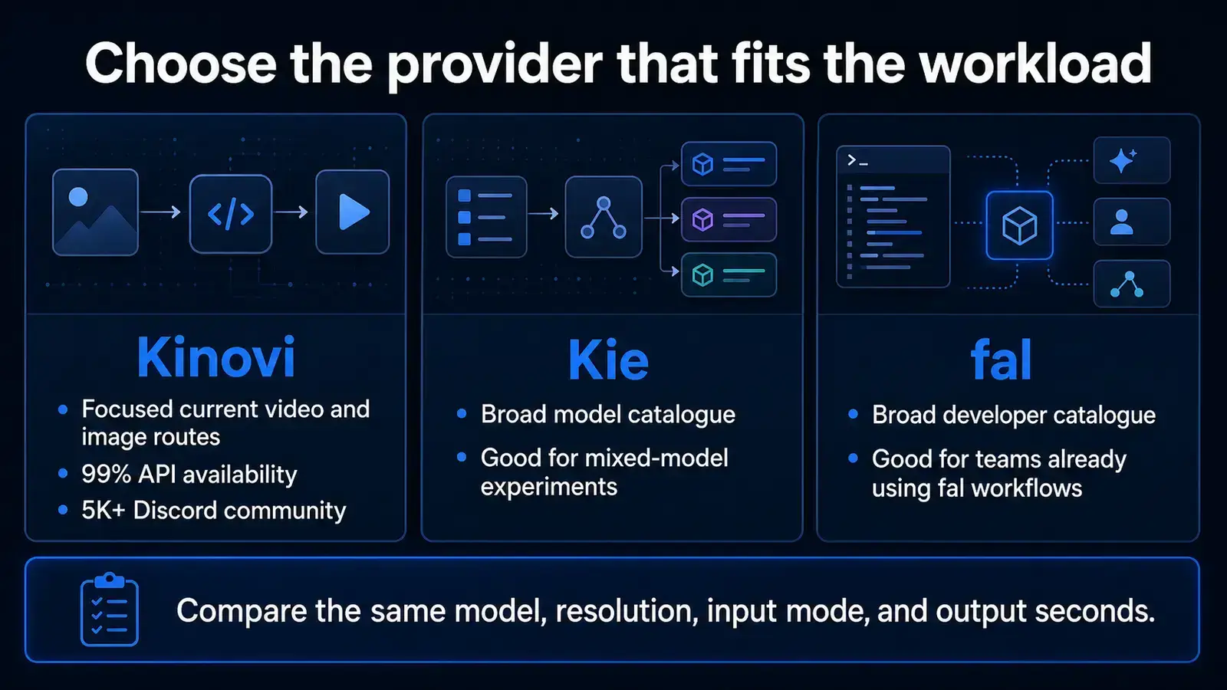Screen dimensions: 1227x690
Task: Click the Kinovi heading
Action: pos(215,357)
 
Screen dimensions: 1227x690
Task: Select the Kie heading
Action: pos(609,360)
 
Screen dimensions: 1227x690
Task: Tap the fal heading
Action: pos(1002,360)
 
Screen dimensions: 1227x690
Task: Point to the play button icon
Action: pos(353,212)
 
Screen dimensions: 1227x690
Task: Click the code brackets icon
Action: pos(231,214)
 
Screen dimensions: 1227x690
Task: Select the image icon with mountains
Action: pos(95,212)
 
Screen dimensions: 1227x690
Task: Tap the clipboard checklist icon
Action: pos(110,609)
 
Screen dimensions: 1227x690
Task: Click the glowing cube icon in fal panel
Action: pos(1019,225)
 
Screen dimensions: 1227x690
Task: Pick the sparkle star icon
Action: pos(1122,160)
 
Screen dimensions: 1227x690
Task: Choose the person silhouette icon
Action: pos(1121,222)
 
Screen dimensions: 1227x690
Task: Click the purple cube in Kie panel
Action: pos(702,219)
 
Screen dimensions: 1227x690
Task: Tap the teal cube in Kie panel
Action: pos(702,275)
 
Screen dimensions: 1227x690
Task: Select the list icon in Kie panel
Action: pos(486,217)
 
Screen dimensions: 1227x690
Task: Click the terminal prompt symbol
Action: pos(857,160)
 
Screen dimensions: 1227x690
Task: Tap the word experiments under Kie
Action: pos(549,487)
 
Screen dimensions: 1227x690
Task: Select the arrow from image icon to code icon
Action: pos(160,212)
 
